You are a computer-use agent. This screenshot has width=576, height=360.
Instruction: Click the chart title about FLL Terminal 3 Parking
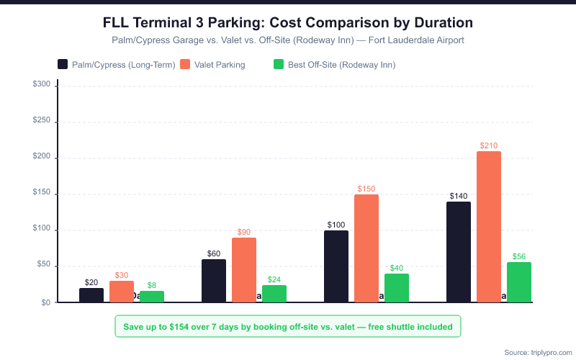288,23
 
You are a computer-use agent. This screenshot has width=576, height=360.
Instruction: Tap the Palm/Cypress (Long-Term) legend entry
117,65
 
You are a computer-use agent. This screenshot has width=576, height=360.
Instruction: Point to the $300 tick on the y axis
42,85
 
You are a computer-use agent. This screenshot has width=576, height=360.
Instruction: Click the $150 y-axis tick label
42,194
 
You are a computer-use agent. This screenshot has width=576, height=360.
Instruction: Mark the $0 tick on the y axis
45,302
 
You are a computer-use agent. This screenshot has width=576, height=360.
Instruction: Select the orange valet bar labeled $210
489,226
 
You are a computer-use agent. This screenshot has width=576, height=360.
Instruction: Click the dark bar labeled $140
459,251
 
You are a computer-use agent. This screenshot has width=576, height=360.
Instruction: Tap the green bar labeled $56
519,282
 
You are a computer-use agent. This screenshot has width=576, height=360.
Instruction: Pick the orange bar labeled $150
366,248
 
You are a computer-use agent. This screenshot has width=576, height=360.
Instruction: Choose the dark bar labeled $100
336,266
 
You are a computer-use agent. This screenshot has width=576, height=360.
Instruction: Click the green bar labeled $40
397,287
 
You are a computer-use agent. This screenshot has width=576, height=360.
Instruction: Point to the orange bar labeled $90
244,269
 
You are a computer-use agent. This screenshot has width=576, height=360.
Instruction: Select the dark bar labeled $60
214,280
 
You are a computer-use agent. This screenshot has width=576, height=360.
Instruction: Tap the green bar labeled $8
152,296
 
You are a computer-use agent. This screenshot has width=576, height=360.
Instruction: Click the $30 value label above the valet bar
122,276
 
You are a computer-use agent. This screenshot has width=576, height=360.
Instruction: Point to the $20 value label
91,283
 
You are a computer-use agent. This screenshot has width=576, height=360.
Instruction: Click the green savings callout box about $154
288,326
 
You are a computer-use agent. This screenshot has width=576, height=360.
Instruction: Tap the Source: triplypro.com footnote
536,352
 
